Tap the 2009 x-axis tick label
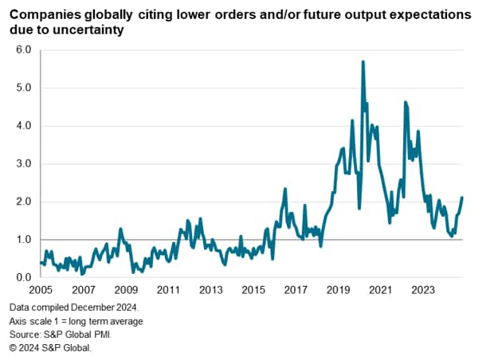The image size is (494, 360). click(125, 292)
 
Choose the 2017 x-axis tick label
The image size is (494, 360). click(295, 292)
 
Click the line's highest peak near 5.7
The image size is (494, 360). click(363, 61)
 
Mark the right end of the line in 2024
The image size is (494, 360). click(462, 198)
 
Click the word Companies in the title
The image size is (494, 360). click(45, 17)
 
